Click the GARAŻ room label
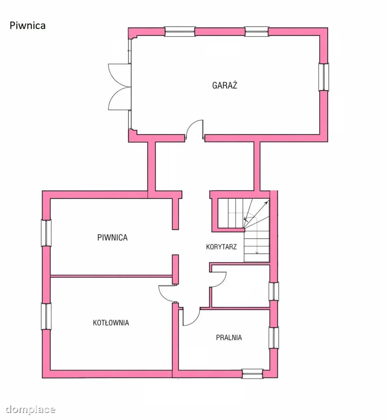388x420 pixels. click(x=225, y=85)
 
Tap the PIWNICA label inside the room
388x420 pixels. click(x=112, y=238)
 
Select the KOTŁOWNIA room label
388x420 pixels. click(x=111, y=322)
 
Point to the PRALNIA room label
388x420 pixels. click(x=229, y=337)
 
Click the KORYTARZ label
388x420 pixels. click(x=221, y=247)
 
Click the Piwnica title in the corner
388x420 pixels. click(x=28, y=26)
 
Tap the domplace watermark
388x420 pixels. click(x=30, y=409)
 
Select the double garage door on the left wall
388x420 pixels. click(x=120, y=87)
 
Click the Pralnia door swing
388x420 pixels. click(x=191, y=317)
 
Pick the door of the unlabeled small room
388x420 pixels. click(x=218, y=280)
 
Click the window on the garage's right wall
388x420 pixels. click(x=324, y=77)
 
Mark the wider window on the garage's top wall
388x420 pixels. click(x=180, y=31)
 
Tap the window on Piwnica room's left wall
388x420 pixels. click(x=46, y=233)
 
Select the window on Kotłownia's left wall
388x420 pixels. click(x=46, y=316)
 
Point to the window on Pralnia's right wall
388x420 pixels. click(x=274, y=338)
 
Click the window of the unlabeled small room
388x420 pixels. click(x=274, y=292)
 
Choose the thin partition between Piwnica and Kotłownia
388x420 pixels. click(x=111, y=276)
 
